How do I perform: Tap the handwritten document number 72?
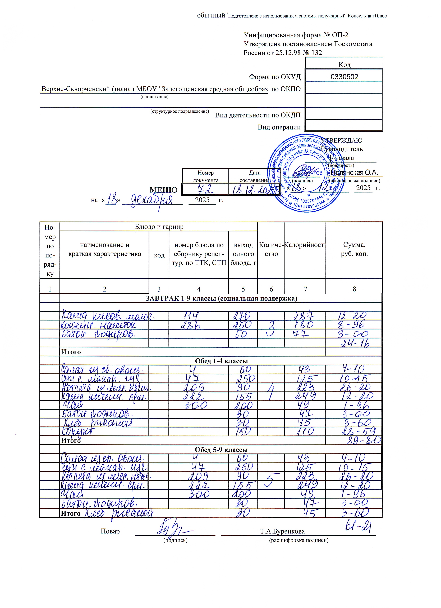205,190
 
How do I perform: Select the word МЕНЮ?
163,190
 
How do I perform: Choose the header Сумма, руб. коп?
354,249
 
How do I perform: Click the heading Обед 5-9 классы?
221,450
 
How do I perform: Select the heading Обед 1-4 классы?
221,361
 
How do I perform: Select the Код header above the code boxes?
344,65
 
